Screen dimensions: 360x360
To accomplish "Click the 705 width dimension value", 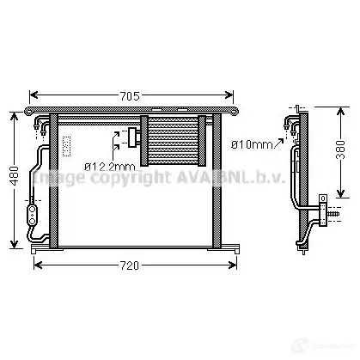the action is pyautogui.click(x=130, y=96).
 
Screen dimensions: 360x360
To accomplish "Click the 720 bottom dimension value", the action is pyautogui.click(x=130, y=265).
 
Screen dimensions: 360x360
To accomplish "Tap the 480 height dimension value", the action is pyautogui.click(x=14, y=175).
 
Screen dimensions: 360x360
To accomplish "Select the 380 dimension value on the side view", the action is pyautogui.click(x=340, y=149).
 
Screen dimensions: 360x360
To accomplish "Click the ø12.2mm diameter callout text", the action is pyautogui.click(x=110, y=167).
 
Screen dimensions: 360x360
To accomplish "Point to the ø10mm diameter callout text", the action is pyautogui.click(x=252, y=144).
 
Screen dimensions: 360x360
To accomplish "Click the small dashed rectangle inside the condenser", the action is pyautogui.click(x=66, y=146).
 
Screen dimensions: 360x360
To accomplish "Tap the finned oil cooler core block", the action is pyautogui.click(x=173, y=141).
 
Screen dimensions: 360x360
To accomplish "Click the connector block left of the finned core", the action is pyautogui.click(x=133, y=137).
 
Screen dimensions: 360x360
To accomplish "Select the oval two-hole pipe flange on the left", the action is pyautogui.click(x=33, y=215).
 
